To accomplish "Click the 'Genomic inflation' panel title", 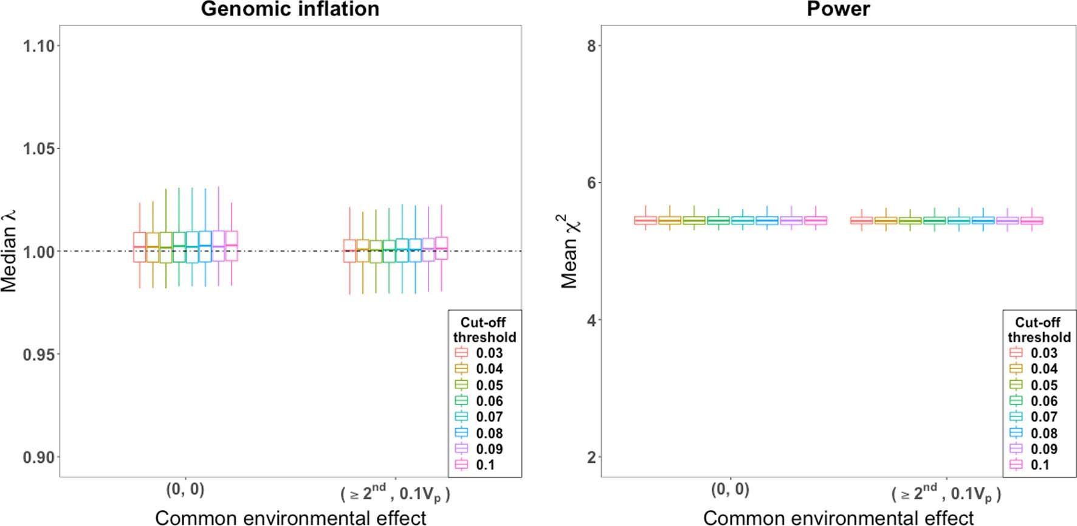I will pos(290,9).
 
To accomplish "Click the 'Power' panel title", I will pos(838,9).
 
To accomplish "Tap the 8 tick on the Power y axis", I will pos(591,46).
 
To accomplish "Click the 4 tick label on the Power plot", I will pos(591,320).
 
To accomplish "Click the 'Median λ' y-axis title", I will pos(9,251).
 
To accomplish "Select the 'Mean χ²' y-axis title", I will pos(570,251).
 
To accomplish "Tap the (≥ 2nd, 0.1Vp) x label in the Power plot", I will pos(946,493).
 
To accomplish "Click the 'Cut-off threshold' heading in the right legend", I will pos(1039,330).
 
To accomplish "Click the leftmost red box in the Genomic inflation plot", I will pos(140,247).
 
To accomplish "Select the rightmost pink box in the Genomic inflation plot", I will pos(441,248).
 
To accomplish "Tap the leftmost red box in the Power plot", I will pos(645,220).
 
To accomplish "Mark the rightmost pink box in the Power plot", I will pos(1031,221).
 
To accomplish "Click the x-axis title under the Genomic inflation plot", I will pos(291,517).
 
